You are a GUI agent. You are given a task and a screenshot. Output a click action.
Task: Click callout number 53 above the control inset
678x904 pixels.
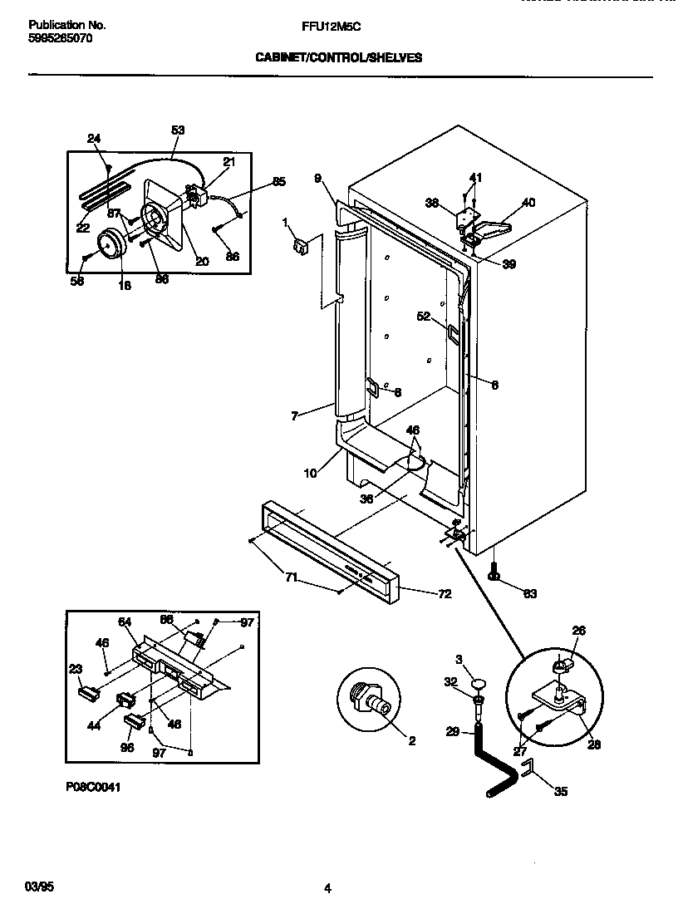(x=178, y=130)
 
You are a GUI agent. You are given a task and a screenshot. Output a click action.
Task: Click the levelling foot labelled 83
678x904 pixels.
(x=494, y=572)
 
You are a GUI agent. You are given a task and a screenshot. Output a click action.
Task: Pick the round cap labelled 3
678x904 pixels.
(x=478, y=683)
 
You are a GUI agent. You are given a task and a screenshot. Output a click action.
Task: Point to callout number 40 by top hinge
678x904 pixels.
(x=528, y=202)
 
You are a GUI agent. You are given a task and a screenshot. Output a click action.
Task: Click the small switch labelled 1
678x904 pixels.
(x=299, y=244)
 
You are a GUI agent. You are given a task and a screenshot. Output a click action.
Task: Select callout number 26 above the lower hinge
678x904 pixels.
(x=578, y=631)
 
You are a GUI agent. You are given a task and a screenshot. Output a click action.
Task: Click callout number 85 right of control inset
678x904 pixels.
(x=278, y=181)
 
